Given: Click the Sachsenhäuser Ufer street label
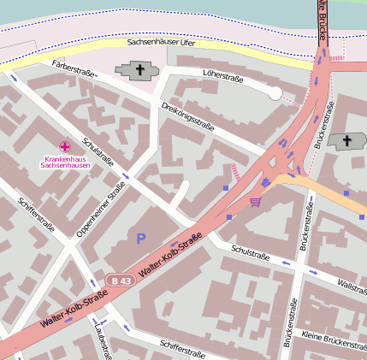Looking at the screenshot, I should pyautogui.click(x=163, y=41).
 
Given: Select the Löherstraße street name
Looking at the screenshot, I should pyautogui.click(x=223, y=79).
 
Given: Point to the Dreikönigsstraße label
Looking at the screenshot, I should pyautogui.click(x=187, y=116).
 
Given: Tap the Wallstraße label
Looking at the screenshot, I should pyautogui.click(x=352, y=283).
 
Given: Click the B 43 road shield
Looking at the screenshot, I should pyautogui.click(x=121, y=280).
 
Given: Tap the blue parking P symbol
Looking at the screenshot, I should pyautogui.click(x=141, y=237).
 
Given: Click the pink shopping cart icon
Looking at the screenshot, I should pyautogui.click(x=255, y=202).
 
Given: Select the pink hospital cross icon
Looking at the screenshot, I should pyautogui.click(x=65, y=147).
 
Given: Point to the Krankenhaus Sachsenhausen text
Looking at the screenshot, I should pyautogui.click(x=66, y=162).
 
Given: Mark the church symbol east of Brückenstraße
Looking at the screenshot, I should pyautogui.click(x=346, y=141).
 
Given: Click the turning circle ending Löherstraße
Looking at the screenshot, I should pyautogui.click(x=275, y=93).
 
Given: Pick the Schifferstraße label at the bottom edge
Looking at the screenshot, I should pyautogui.click(x=181, y=349).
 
